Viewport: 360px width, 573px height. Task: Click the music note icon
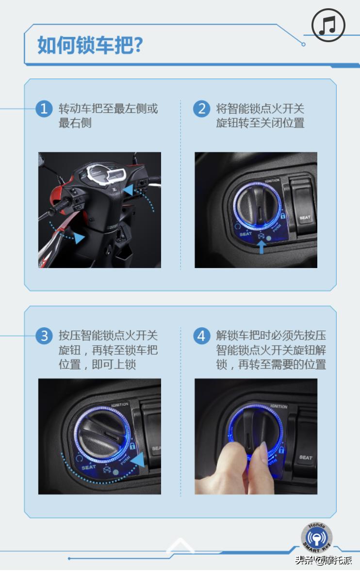tap(328, 25)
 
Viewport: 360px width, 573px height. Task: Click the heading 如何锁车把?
tap(90, 45)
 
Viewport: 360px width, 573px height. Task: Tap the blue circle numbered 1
tap(44, 109)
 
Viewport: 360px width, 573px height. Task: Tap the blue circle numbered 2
tap(201, 109)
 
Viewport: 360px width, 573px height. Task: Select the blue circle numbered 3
tap(44, 335)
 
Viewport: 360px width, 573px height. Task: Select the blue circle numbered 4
tap(201, 335)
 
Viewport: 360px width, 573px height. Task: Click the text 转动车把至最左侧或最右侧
tap(108, 115)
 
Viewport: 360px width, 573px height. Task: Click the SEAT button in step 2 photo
tap(304, 208)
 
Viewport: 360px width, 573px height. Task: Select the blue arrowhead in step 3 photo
tap(137, 461)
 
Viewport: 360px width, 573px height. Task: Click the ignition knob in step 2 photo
tap(257, 205)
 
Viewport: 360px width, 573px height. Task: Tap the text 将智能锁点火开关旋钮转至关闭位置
tap(260, 115)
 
